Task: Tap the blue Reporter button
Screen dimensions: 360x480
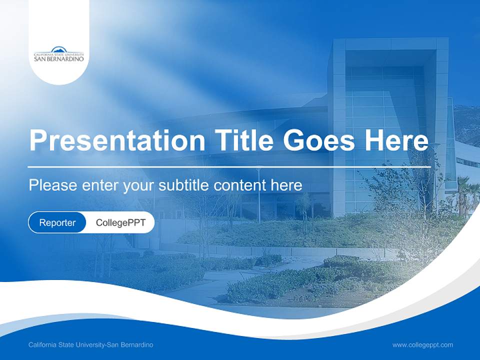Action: click(x=57, y=222)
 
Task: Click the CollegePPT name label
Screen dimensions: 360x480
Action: click(x=120, y=222)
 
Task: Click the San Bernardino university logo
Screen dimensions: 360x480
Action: click(x=59, y=54)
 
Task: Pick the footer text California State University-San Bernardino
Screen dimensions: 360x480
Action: click(x=91, y=345)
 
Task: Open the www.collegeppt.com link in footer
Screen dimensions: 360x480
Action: click(x=422, y=345)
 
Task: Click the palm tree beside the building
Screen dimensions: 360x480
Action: click(x=462, y=192)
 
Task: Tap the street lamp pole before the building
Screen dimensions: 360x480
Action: click(x=258, y=195)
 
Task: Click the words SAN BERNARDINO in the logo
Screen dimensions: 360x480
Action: click(x=59, y=58)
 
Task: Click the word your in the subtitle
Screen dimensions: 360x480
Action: click(x=138, y=185)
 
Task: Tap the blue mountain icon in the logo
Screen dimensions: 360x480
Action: click(x=59, y=49)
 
